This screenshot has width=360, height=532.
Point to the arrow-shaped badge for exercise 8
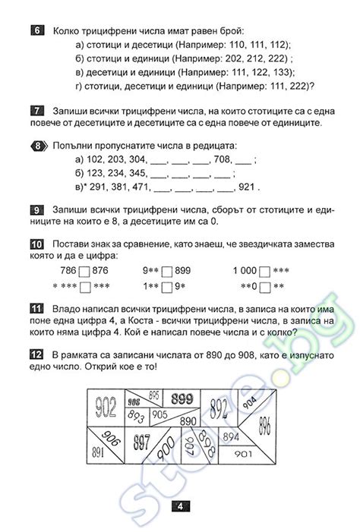pos(36,146)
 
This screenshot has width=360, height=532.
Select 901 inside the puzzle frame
pos(244,454)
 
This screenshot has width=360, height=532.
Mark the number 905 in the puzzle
pos(159,415)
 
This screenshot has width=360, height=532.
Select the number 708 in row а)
pos(223,159)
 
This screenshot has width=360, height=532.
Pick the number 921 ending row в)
pos(248,187)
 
